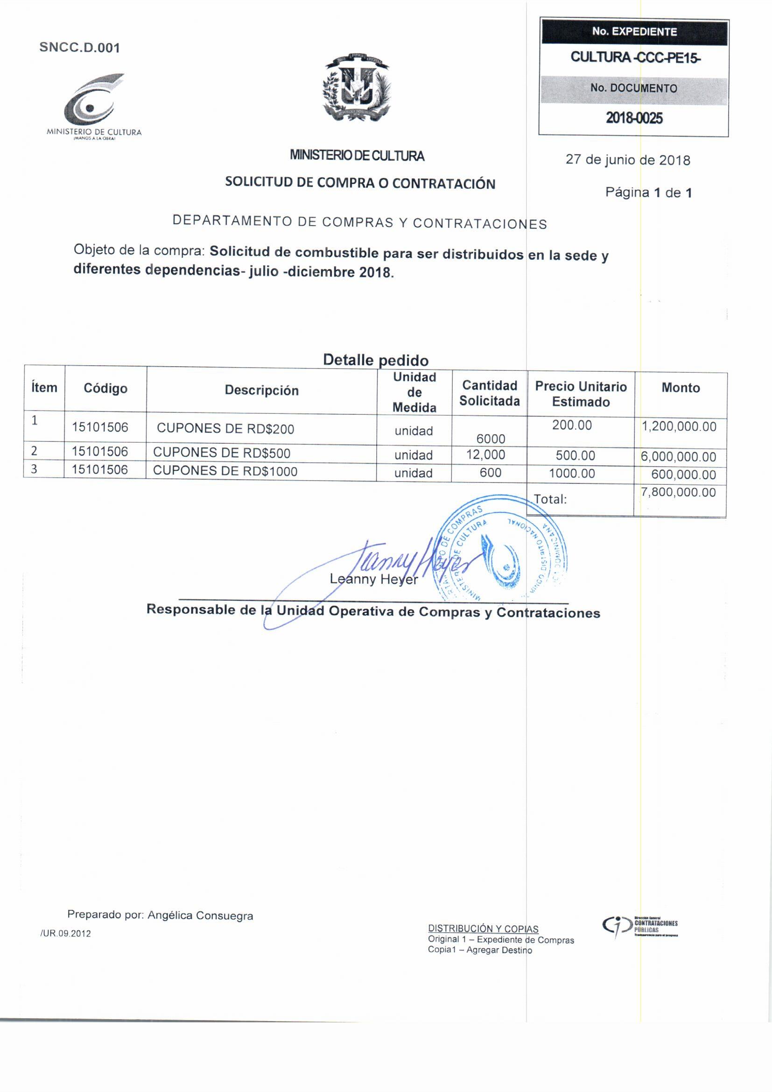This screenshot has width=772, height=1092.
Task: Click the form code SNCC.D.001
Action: (x=79, y=48)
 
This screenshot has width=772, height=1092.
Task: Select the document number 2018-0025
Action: (x=634, y=119)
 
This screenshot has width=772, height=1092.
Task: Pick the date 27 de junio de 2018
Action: (x=627, y=160)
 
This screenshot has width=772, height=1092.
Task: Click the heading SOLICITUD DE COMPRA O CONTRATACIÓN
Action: (x=360, y=183)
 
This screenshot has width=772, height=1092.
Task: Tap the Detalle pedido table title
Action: (x=376, y=360)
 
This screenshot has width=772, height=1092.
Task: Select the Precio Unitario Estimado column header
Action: (x=581, y=394)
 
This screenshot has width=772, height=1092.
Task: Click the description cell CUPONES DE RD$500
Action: (x=222, y=453)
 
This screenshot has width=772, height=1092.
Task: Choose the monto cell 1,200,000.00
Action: (x=679, y=426)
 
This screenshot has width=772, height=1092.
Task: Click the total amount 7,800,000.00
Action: (x=678, y=492)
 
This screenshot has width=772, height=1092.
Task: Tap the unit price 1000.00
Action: (x=572, y=473)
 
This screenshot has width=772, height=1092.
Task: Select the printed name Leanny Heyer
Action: (x=374, y=579)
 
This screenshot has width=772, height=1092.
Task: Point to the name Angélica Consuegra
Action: (x=200, y=915)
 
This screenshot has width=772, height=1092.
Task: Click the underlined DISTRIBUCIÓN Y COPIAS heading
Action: (x=483, y=929)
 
